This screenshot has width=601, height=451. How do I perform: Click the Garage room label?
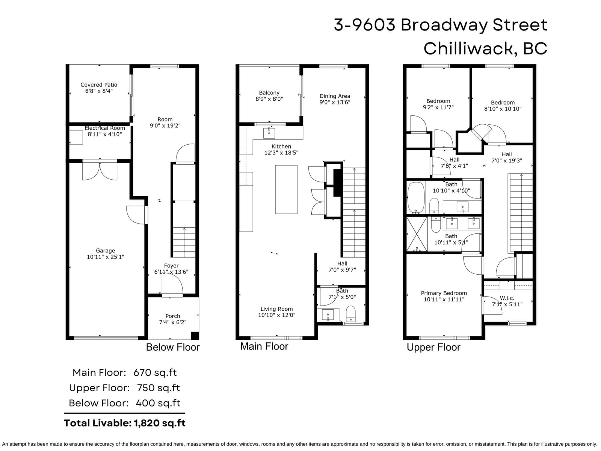tap(106, 251)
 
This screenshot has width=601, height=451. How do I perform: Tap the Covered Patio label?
tap(99, 85)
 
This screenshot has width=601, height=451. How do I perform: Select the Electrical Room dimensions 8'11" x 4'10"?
tap(104, 134)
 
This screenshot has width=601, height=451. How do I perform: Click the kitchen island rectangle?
tap(286, 189)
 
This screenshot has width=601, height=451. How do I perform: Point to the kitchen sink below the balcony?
tap(269, 133)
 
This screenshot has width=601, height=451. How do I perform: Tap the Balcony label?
tap(269, 93)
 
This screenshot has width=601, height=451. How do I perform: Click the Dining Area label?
tap(335, 96)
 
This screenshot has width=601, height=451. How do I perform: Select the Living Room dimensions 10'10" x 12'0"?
tap(277, 315)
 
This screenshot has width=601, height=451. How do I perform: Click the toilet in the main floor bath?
tap(351, 314)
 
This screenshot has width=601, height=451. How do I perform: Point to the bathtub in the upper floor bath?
tap(416, 198)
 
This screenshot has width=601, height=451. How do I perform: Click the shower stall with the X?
tap(417, 234)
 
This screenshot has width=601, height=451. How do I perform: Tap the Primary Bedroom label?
tap(444, 293)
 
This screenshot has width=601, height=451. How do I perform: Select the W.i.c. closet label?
tap(507, 298)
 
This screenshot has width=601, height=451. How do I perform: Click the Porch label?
tap(173, 316)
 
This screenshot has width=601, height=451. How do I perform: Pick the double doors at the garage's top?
tap(100, 171)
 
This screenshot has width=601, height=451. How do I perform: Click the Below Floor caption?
tap(173, 347)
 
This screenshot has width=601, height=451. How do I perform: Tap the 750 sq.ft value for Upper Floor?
tap(158, 388)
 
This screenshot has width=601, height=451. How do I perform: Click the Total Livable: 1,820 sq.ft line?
tap(125, 423)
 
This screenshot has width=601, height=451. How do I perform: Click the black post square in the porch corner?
tap(195, 336)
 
